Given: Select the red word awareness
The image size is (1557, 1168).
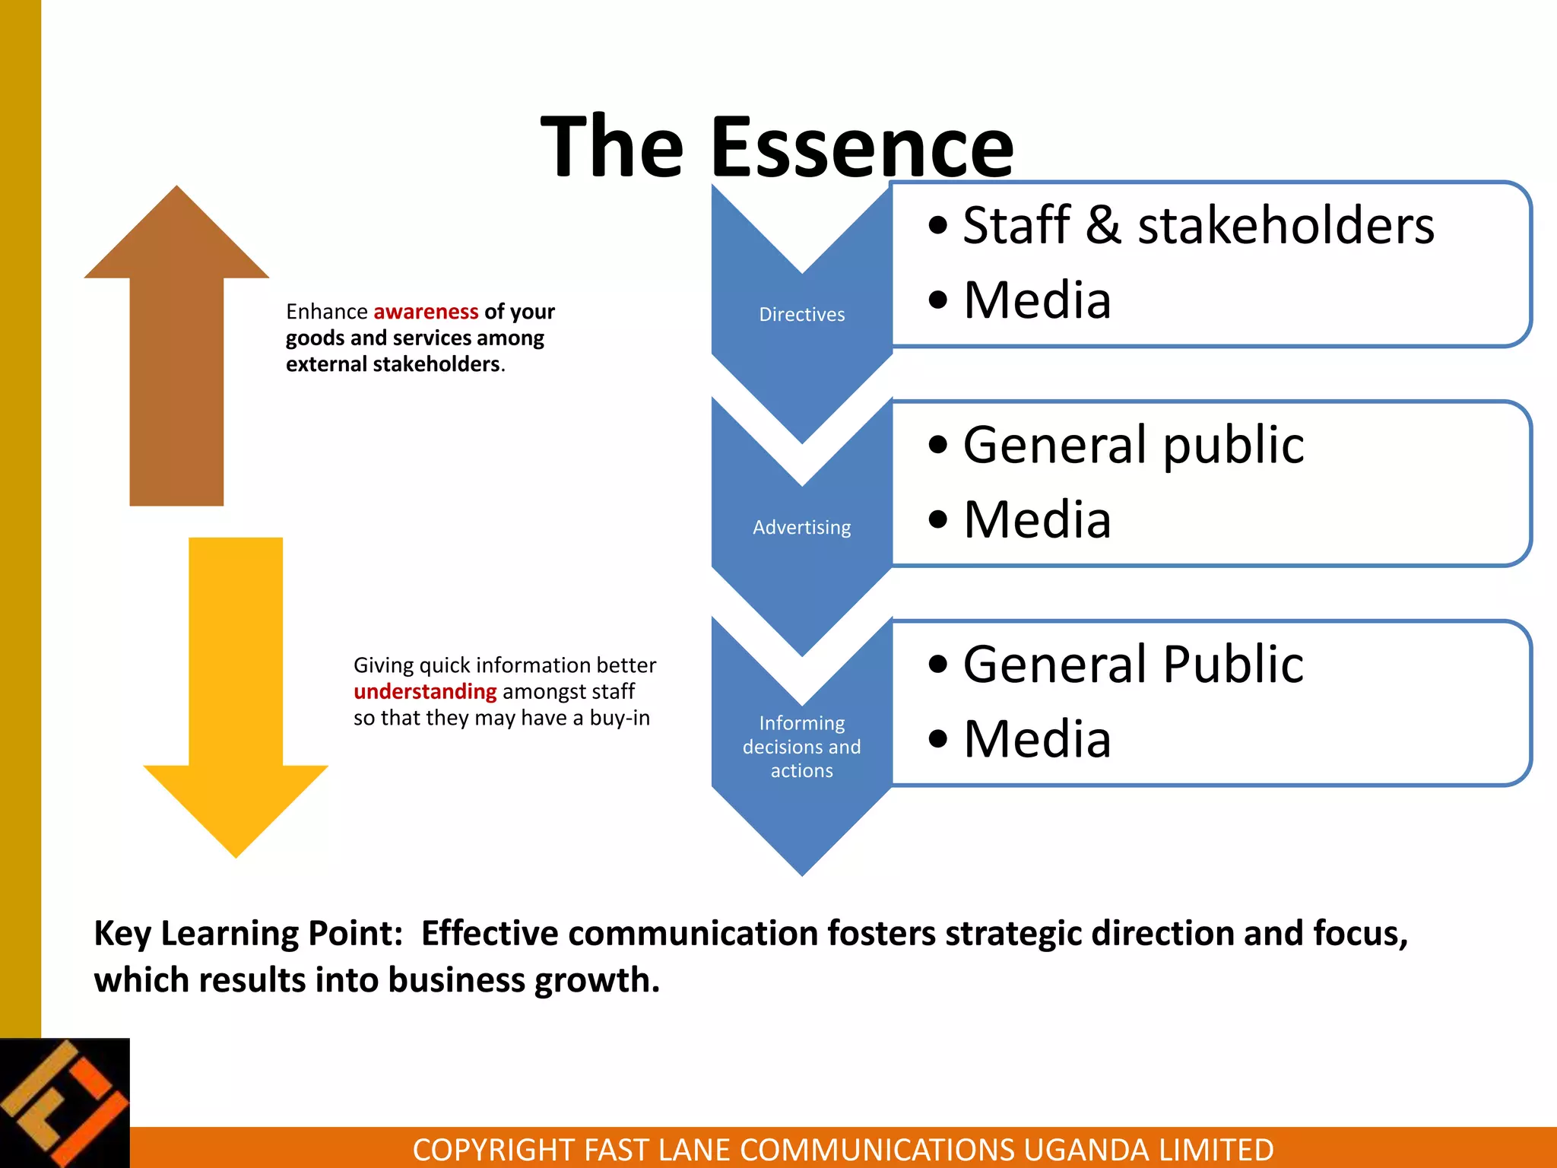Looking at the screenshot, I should tap(426, 312).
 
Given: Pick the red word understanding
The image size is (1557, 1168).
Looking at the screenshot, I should tap(425, 691).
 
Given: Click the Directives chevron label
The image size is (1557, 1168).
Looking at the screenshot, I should tap(801, 315).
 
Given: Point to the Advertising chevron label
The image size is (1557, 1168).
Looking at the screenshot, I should tap(801, 527).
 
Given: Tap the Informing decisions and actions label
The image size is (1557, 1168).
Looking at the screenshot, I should tap(801, 746).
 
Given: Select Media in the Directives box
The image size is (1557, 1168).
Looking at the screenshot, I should tap(1037, 300).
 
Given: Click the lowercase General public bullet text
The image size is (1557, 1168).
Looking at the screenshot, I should tap(1133, 444).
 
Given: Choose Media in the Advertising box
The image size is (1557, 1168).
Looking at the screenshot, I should tap(1037, 519).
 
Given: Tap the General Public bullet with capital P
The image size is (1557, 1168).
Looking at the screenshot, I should tap(1133, 664).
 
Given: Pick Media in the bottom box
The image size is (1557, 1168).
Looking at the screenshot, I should tap(1037, 738).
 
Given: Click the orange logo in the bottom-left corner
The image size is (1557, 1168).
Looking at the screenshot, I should tap(65, 1103).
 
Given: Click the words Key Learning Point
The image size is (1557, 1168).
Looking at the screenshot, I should tap(248, 933).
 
